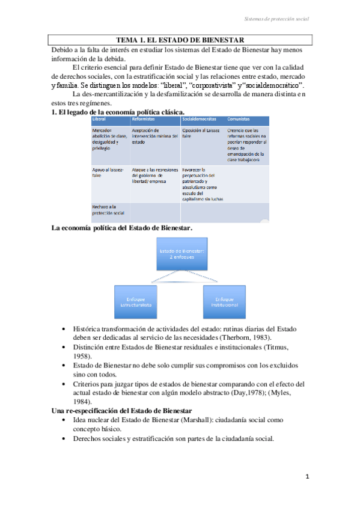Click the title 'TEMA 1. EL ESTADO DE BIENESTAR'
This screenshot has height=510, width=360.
(x=180, y=40)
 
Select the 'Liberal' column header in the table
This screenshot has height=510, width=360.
(x=99, y=118)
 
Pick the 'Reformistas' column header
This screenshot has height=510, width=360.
(x=144, y=118)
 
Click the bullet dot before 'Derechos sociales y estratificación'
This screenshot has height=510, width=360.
(x=64, y=438)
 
